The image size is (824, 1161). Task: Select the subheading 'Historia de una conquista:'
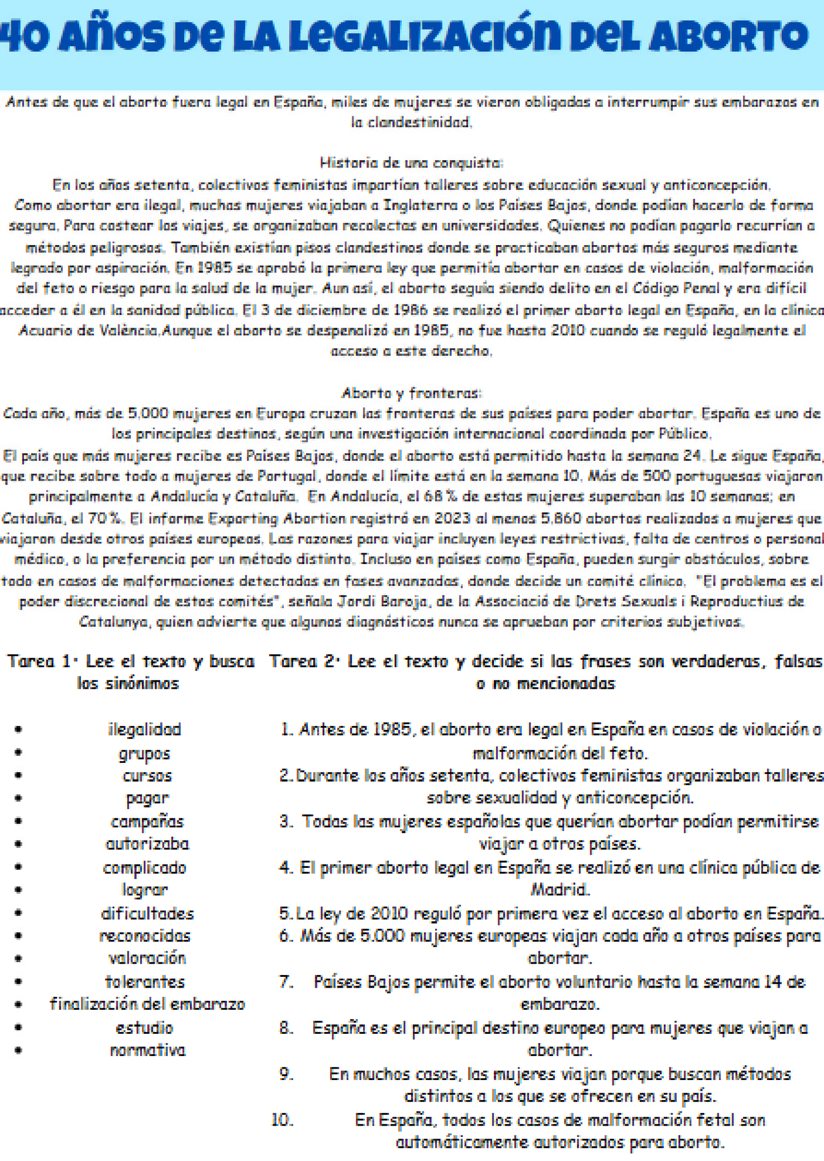(411, 163)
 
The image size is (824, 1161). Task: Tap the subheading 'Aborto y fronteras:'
(411, 393)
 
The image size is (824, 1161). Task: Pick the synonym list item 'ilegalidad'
(145, 729)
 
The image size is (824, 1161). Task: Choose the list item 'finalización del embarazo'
(147, 1004)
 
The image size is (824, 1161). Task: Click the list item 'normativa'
(148, 1050)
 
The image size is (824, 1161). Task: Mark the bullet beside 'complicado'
(19, 867)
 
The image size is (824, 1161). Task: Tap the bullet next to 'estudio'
(19, 1028)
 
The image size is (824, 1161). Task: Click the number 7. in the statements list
(286, 982)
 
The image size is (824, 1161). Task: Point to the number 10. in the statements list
(282, 1120)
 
